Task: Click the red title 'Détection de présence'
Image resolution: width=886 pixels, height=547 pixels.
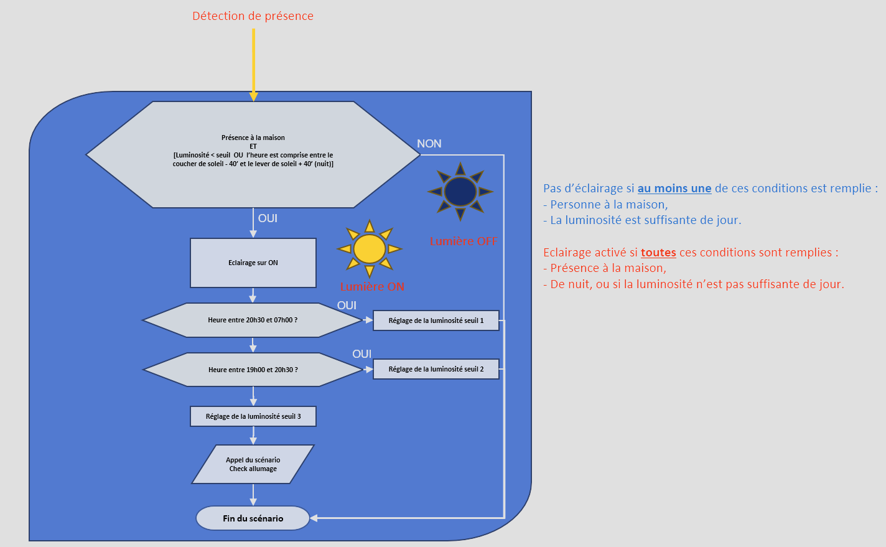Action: (x=253, y=16)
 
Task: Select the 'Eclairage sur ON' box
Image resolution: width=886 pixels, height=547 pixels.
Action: (x=253, y=263)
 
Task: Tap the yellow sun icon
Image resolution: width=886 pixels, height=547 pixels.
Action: (x=370, y=249)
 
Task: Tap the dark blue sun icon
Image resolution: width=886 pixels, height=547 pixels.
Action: (x=460, y=191)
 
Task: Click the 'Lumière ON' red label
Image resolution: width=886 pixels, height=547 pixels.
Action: (x=372, y=287)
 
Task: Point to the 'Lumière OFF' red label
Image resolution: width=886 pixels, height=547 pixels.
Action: (x=463, y=241)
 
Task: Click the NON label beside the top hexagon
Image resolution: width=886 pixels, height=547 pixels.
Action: (x=429, y=144)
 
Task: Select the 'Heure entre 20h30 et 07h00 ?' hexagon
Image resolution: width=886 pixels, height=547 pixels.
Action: (x=253, y=320)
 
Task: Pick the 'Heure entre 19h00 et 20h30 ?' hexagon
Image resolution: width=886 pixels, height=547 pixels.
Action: (x=253, y=370)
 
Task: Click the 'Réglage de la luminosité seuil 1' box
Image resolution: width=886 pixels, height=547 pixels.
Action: (x=436, y=320)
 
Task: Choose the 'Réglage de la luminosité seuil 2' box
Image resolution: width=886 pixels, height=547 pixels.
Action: (x=436, y=369)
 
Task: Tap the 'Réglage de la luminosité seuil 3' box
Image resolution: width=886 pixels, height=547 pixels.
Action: (x=253, y=416)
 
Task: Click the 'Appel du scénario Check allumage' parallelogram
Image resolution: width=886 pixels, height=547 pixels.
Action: (x=253, y=464)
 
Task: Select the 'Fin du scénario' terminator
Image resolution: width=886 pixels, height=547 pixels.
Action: (x=253, y=518)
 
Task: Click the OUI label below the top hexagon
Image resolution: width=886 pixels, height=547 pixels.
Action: (x=268, y=218)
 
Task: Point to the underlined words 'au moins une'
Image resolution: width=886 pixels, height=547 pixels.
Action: (x=674, y=189)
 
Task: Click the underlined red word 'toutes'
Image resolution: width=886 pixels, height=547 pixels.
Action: (x=658, y=253)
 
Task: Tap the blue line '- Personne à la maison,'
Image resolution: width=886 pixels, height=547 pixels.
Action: (x=605, y=204)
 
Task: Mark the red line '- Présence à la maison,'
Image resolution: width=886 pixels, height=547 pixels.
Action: (x=605, y=268)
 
